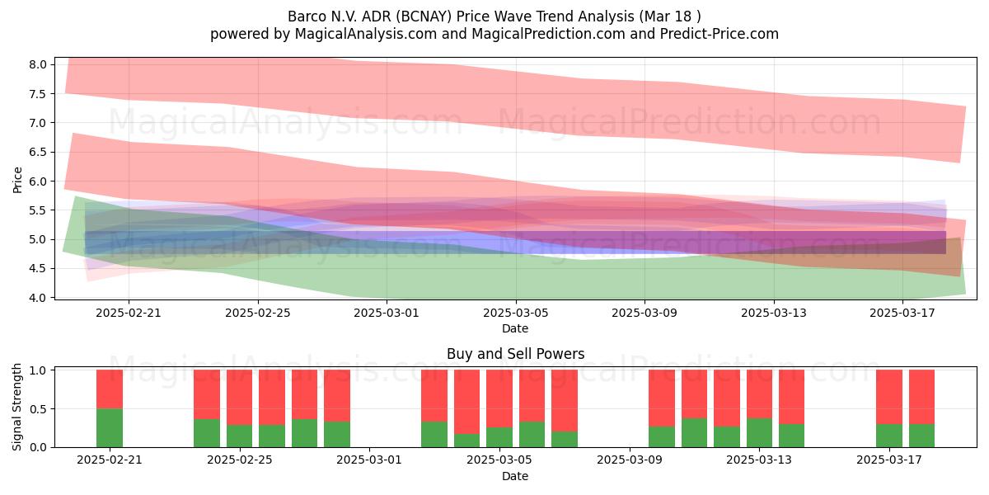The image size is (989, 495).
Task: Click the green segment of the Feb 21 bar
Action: tap(110, 428)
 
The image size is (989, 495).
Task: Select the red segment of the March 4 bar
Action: tap(467, 402)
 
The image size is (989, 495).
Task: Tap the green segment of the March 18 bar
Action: tap(922, 436)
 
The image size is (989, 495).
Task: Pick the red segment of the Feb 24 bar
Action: tap(207, 394)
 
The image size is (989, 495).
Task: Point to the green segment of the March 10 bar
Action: tap(662, 437)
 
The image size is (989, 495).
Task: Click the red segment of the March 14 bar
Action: tap(792, 397)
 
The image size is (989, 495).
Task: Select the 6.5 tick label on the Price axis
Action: tap(38, 152)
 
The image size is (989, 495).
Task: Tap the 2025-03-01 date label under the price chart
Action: tap(387, 313)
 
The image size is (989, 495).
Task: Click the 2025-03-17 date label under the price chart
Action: tap(902, 313)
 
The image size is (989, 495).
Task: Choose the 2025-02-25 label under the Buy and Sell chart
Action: tap(240, 460)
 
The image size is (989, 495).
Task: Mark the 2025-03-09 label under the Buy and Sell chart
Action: tap(630, 460)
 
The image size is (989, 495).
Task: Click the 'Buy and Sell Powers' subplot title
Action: tap(515, 354)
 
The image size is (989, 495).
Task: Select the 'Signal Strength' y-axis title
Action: tap(16, 407)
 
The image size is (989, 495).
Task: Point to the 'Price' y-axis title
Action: tap(17, 180)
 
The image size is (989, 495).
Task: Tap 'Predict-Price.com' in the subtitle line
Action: tap(719, 34)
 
